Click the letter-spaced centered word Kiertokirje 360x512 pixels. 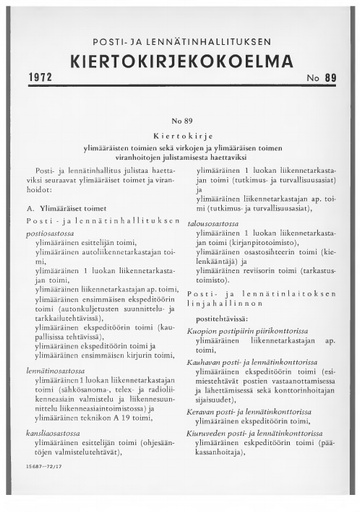coord(180,131)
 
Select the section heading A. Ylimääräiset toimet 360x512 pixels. coord(72,208)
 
